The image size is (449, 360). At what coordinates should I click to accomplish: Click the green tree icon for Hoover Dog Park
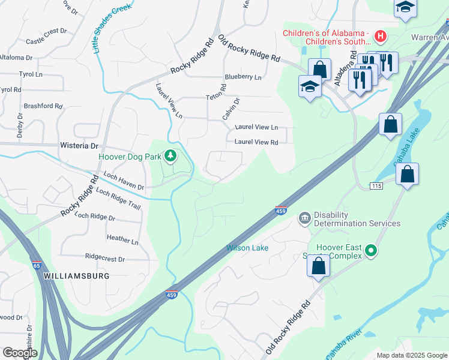(x=171, y=156)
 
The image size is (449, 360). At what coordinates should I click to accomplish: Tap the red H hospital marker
(x=380, y=36)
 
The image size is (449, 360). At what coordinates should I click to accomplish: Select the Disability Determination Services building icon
(x=304, y=216)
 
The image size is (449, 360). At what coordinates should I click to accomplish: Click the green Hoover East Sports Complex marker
(x=371, y=250)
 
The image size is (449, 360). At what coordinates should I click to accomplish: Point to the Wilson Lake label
(x=247, y=248)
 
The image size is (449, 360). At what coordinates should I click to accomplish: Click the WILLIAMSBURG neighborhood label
(x=76, y=275)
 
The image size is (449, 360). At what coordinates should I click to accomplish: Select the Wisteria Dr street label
(x=79, y=146)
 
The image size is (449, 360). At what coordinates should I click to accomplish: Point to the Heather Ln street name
(x=122, y=239)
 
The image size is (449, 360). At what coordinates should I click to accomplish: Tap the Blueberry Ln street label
(x=243, y=77)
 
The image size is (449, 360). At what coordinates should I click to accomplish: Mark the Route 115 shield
(x=376, y=186)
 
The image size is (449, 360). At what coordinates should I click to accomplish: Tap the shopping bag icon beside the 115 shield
(x=407, y=175)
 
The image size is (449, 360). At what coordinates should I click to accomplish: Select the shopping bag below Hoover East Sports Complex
(x=319, y=266)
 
